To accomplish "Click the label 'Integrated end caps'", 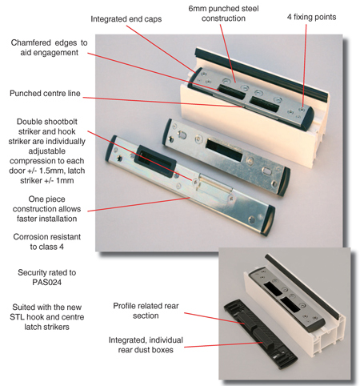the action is [126, 19].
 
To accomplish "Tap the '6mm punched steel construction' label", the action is [223, 14].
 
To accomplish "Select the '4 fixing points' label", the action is [311, 17].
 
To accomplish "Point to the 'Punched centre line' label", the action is [45, 94].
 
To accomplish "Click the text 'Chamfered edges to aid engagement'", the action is [50, 47].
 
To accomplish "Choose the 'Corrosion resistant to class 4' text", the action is [47, 242].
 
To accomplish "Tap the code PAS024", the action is [47, 282].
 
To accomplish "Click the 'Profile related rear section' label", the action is [146, 311].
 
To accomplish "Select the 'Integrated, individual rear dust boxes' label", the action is [146, 345].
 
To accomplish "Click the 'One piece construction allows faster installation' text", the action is [47, 209].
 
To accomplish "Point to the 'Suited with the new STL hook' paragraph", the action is [47, 317].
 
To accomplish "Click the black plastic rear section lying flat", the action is [260, 334].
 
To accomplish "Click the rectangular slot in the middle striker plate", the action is [225, 150].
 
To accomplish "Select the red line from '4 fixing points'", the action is [304, 66].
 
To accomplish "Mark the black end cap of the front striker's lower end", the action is [268, 221].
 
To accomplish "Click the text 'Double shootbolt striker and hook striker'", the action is [47, 131].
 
